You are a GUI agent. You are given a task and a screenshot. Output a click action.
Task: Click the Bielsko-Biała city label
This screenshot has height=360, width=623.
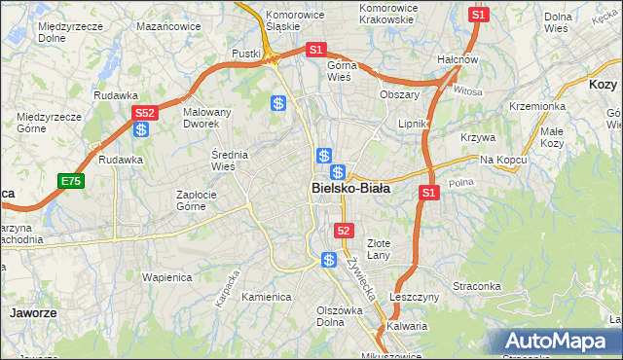(350, 189)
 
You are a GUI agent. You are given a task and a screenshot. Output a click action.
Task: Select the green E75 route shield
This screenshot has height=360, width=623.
(70, 181)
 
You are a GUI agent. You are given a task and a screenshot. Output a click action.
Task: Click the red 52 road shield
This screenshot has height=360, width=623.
(343, 231)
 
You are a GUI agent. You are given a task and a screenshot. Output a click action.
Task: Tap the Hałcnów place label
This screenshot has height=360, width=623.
(457, 59)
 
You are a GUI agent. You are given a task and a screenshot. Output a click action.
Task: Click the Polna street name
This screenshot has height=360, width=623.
(460, 182)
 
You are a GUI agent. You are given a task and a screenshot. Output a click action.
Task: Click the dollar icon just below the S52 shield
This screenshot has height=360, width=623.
(142, 129)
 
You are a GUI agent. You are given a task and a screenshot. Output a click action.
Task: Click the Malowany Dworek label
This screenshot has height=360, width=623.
(207, 118)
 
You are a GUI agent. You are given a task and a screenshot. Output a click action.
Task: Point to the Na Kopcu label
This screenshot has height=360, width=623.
(501, 159)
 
